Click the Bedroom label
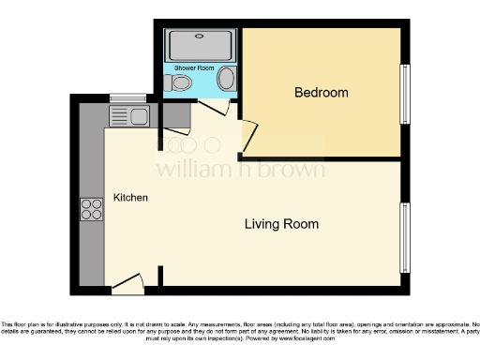tap(322, 93)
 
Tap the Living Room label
tap(281, 224)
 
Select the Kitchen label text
tap(130, 198)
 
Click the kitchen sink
tap(129, 116)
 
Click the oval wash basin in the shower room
tap(227, 82)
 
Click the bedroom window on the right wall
tap(405, 93)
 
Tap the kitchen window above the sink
tap(127, 98)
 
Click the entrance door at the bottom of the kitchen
tap(127, 281)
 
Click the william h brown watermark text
tap(240, 170)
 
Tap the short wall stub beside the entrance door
tap(160, 277)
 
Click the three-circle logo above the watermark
tap(187, 144)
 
